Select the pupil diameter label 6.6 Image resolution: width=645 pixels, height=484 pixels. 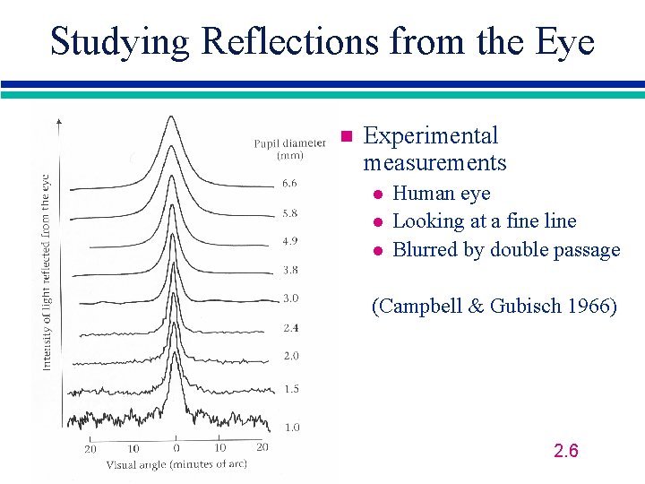[289, 184]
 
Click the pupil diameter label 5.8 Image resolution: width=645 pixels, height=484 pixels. [289, 213]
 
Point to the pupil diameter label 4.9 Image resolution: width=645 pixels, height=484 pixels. [289, 241]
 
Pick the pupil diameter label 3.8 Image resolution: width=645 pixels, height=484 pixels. [289, 270]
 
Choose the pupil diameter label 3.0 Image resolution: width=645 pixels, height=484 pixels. [289, 298]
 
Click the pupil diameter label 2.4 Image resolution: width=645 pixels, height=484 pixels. [289, 328]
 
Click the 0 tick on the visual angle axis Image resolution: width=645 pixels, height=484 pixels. [176, 447]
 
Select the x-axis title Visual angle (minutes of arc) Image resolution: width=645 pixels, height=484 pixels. [176, 464]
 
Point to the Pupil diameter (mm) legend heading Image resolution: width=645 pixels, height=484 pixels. [289, 149]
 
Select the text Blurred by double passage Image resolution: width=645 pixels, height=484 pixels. [506, 250]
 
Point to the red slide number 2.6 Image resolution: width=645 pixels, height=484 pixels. [566, 450]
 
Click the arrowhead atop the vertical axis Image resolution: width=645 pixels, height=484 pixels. [59, 119]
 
